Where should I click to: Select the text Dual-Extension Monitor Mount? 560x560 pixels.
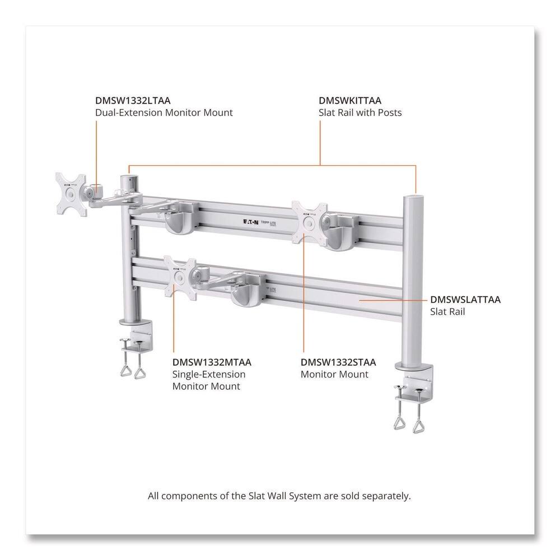[164, 113]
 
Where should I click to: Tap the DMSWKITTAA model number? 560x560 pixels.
[350, 101]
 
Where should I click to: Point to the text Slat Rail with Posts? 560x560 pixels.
[360, 113]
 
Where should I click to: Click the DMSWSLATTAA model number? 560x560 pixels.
[465, 300]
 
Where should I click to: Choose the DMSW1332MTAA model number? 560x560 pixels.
[212, 362]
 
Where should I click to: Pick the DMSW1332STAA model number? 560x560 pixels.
[338, 362]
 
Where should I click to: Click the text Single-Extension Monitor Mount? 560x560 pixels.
[208, 380]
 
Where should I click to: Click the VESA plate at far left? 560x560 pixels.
[71, 193]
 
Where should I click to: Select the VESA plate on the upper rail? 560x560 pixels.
[309, 222]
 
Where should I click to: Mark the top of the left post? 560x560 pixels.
[129, 177]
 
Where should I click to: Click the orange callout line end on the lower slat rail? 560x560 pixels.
[361, 300]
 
